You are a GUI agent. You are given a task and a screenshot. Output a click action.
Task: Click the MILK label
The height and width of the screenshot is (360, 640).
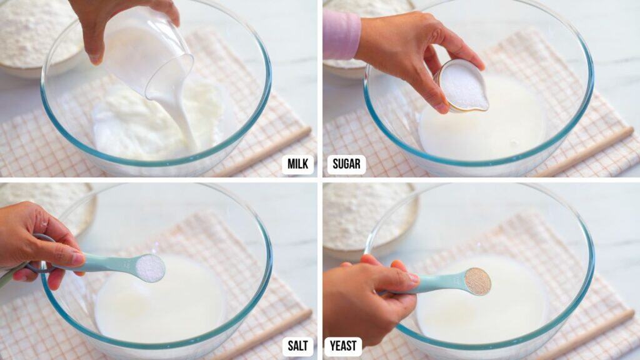[297, 164]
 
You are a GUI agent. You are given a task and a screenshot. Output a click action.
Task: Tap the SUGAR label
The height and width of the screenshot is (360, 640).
[346, 164]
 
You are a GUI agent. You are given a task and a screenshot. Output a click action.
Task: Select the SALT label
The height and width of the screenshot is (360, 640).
[297, 346]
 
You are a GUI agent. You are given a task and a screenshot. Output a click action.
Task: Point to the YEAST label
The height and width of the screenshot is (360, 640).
[343, 346]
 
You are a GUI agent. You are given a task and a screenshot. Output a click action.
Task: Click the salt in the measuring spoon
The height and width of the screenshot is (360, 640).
[150, 267]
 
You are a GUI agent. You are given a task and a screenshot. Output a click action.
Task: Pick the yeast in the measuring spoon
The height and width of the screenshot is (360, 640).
[477, 281]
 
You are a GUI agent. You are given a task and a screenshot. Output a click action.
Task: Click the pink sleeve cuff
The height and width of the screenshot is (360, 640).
[341, 34]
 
